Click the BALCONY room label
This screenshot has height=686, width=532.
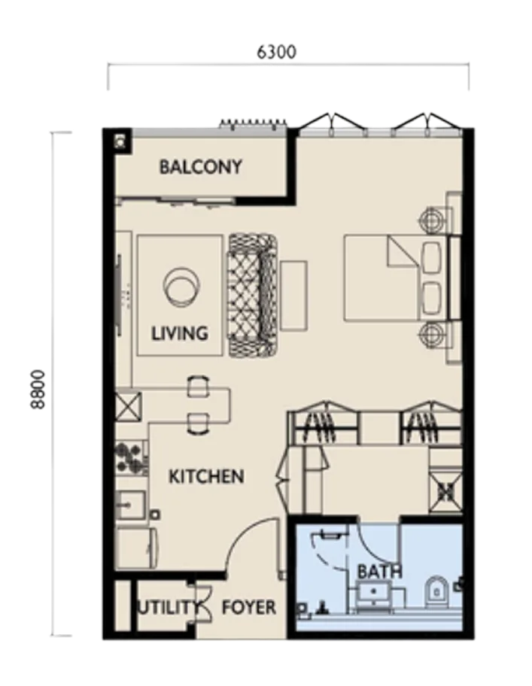(x=200, y=167)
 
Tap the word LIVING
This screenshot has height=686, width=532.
(x=179, y=333)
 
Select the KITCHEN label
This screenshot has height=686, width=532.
(x=206, y=476)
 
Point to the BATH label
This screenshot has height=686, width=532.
(x=380, y=572)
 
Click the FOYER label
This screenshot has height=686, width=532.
(x=249, y=607)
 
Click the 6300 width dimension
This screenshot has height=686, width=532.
(x=276, y=52)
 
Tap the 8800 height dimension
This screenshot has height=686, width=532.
(x=38, y=390)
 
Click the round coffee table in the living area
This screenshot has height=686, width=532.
(x=182, y=286)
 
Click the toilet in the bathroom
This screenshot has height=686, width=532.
(x=436, y=591)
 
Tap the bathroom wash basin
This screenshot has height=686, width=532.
(x=373, y=592)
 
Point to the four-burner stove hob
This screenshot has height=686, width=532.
(x=129, y=457)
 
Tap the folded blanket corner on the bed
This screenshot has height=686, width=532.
(x=404, y=250)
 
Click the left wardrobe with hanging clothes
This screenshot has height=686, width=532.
(x=325, y=421)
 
